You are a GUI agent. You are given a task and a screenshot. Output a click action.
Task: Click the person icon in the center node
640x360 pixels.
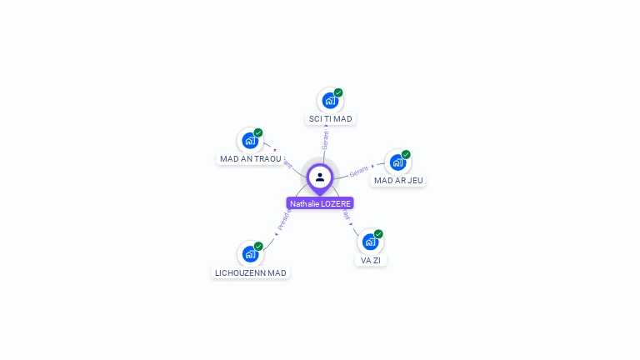click(x=320, y=177)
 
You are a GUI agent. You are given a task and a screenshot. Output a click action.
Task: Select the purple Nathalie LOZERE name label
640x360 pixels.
click(x=320, y=203)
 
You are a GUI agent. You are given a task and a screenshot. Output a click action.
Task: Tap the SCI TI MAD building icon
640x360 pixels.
click(x=331, y=101)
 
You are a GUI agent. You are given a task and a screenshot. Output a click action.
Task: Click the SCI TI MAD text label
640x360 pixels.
click(x=331, y=119)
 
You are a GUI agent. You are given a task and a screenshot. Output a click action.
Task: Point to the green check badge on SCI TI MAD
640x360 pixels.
click(x=338, y=92)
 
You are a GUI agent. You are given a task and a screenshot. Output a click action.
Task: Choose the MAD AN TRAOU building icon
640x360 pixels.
click(x=250, y=141)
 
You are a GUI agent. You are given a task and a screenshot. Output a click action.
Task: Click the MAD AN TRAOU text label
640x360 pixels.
click(x=251, y=159)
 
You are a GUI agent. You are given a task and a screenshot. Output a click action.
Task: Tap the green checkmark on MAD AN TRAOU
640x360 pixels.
click(x=258, y=132)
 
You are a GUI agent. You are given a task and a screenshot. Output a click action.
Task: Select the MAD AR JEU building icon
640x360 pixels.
click(x=397, y=162)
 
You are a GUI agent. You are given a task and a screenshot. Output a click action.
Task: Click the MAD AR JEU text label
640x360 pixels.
click(x=398, y=181)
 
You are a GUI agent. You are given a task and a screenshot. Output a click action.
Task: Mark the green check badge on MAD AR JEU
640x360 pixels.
click(x=406, y=154)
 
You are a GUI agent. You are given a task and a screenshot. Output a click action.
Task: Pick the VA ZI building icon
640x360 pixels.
click(x=370, y=242)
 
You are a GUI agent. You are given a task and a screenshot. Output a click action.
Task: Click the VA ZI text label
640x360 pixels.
click(x=371, y=260)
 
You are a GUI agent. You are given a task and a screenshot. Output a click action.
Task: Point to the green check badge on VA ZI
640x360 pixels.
click(x=378, y=234)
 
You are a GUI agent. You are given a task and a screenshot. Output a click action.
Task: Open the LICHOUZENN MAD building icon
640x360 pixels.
click(x=250, y=254)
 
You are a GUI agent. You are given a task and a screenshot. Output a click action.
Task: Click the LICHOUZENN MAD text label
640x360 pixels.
click(x=251, y=272)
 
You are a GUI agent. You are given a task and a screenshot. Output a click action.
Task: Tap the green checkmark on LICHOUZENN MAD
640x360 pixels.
click(x=258, y=246)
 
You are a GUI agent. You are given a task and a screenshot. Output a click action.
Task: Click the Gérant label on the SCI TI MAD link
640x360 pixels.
click(x=326, y=139)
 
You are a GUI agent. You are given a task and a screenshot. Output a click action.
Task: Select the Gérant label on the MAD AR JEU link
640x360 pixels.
click(x=359, y=171)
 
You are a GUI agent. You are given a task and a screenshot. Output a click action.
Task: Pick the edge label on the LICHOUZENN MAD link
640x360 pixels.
click(x=283, y=220)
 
